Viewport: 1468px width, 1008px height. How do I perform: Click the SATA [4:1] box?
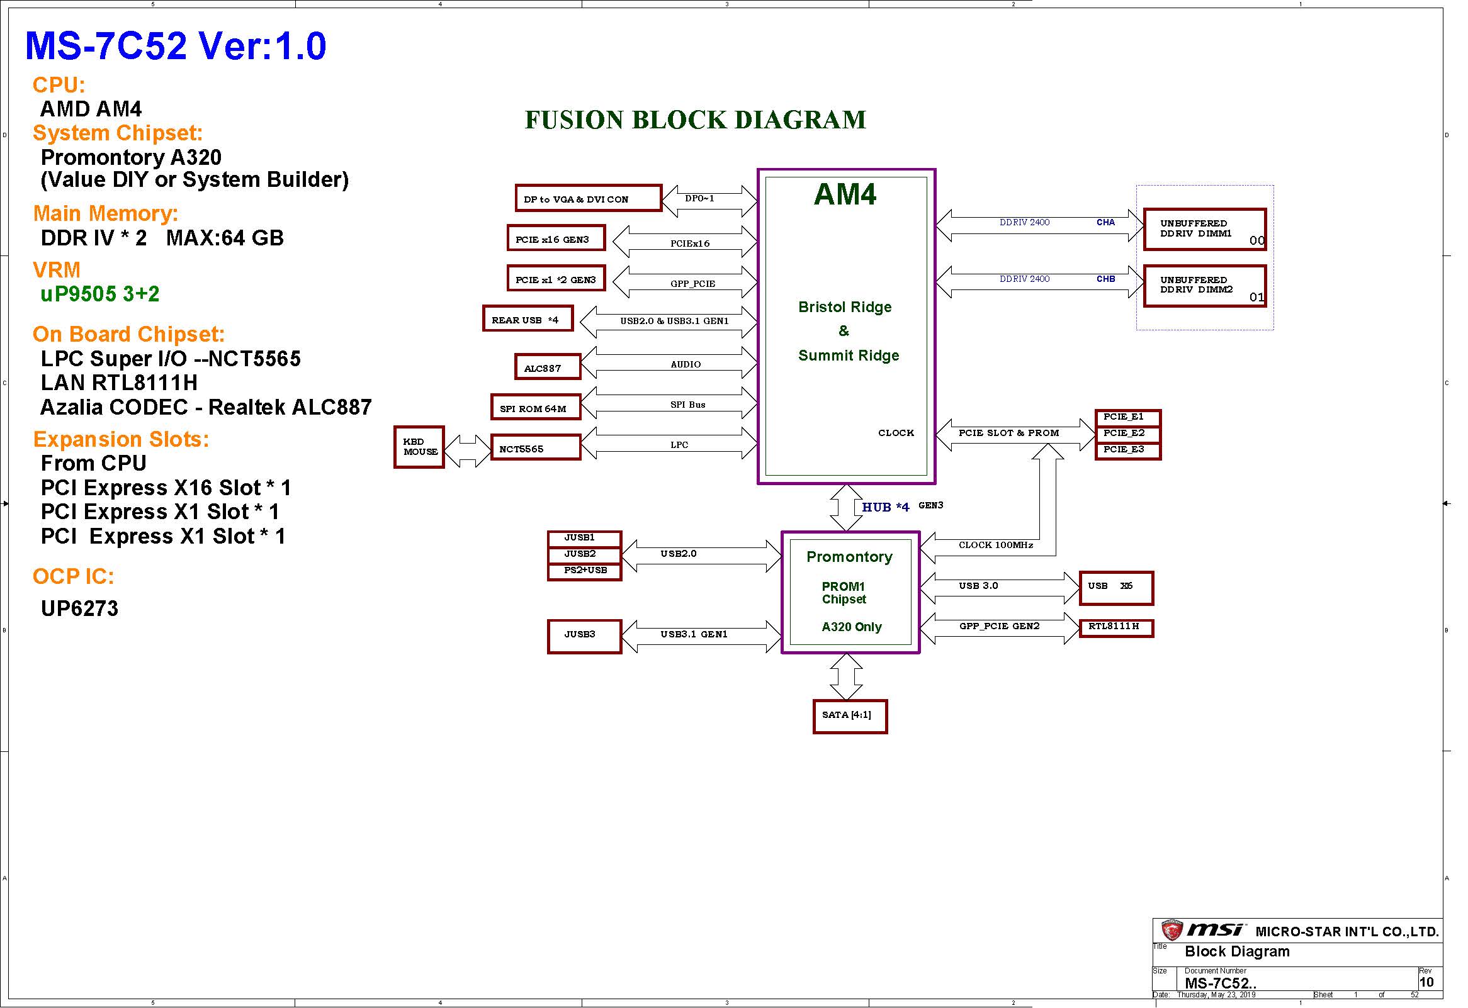click(x=850, y=716)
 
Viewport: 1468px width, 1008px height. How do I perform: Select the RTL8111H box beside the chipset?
click(x=1116, y=629)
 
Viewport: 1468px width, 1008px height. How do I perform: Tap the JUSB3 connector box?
click(x=585, y=636)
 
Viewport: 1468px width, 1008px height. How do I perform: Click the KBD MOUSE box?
click(x=419, y=447)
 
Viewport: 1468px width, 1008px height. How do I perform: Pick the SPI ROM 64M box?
click(x=536, y=406)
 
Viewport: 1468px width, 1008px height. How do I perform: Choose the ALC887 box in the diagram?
click(x=547, y=366)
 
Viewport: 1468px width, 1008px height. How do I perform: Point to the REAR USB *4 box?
click(x=528, y=318)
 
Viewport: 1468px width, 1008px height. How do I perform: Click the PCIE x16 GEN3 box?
click(x=556, y=237)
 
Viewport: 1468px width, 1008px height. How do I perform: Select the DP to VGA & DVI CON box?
click(x=589, y=198)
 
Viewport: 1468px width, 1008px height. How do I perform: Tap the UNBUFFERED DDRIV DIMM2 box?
click(x=1205, y=286)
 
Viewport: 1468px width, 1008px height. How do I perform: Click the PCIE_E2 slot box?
click(x=1128, y=434)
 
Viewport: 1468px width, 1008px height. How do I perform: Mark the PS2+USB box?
click(x=585, y=571)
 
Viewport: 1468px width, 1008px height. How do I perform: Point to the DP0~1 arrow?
click(x=709, y=201)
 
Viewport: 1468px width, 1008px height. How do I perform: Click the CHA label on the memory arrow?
click(x=1105, y=222)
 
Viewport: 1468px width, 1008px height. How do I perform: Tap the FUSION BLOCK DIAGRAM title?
click(x=695, y=120)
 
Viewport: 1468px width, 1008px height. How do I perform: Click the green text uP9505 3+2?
click(x=100, y=294)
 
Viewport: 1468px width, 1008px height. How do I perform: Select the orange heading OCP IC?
click(x=73, y=576)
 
